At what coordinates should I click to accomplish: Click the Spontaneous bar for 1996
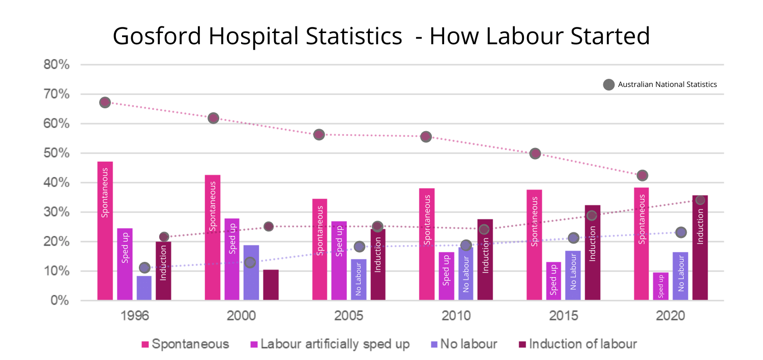105,231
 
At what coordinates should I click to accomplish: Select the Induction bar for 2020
700,248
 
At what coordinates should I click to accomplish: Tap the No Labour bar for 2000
251,273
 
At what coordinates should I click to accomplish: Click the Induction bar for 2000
271,285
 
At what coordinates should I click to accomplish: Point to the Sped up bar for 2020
661,286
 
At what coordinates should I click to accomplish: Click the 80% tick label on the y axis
56,65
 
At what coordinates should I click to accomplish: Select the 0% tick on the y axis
60,301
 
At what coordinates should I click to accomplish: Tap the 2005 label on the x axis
349,316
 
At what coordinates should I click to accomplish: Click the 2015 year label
564,316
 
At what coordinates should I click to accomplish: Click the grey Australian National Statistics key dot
609,84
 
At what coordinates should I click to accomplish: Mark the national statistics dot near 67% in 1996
105,102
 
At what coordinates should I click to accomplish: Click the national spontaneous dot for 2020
642,175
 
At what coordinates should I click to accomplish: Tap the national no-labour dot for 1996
144,267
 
